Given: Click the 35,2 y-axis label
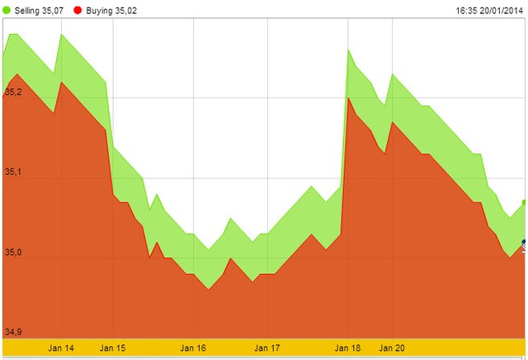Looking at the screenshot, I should coord(13,92).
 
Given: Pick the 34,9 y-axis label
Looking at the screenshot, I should coord(13,332).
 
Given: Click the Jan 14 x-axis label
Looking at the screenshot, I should coord(61,348).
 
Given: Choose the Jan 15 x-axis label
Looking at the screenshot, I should coord(113,348).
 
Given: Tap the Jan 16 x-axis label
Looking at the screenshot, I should coord(193,348).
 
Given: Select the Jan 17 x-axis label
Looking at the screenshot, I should coord(268,348).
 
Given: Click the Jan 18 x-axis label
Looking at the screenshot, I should coord(348,348).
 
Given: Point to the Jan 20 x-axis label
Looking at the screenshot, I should coord(392,348).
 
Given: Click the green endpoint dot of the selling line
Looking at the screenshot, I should coord(525,202).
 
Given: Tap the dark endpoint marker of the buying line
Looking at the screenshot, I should coord(525,243).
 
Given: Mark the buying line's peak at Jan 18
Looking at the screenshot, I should coord(349,97).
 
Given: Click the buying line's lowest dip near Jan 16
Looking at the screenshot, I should coord(208,289).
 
